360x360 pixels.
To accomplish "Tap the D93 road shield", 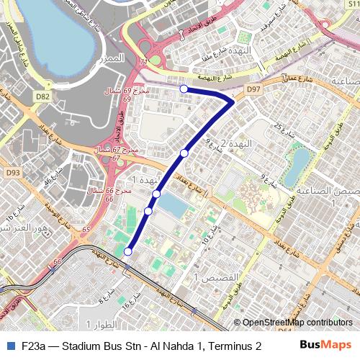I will coord(13,173).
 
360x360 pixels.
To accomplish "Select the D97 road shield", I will coord(252,89).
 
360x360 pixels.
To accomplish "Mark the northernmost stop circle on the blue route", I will coord(184,89).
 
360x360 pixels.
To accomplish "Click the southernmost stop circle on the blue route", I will coord(128,251).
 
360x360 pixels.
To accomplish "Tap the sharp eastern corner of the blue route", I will coord(232,102).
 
